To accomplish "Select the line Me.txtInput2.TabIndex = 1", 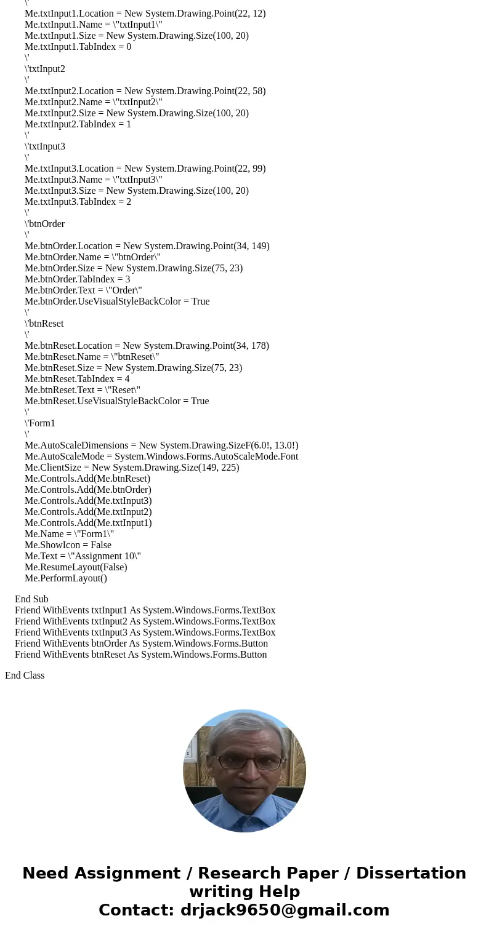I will click(x=78, y=124).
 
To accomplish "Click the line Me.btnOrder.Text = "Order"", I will click(x=83, y=290).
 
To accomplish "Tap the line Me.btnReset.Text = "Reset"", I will click(x=83, y=390).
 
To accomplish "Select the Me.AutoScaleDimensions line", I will click(x=161, y=445).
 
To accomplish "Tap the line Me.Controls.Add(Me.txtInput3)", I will click(x=88, y=501).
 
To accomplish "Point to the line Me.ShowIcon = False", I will click(x=68, y=545).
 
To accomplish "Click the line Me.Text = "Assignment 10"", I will click(x=83, y=556).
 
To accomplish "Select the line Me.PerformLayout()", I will click(x=66, y=578).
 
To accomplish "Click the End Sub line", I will click(x=31, y=599).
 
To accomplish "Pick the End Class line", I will click(x=25, y=676).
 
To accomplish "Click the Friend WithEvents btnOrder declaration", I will click(x=141, y=644).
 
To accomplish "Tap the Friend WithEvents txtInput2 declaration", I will click(x=145, y=621).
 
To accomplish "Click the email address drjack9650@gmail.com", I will click(x=285, y=911).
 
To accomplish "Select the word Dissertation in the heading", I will click(x=411, y=874).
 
